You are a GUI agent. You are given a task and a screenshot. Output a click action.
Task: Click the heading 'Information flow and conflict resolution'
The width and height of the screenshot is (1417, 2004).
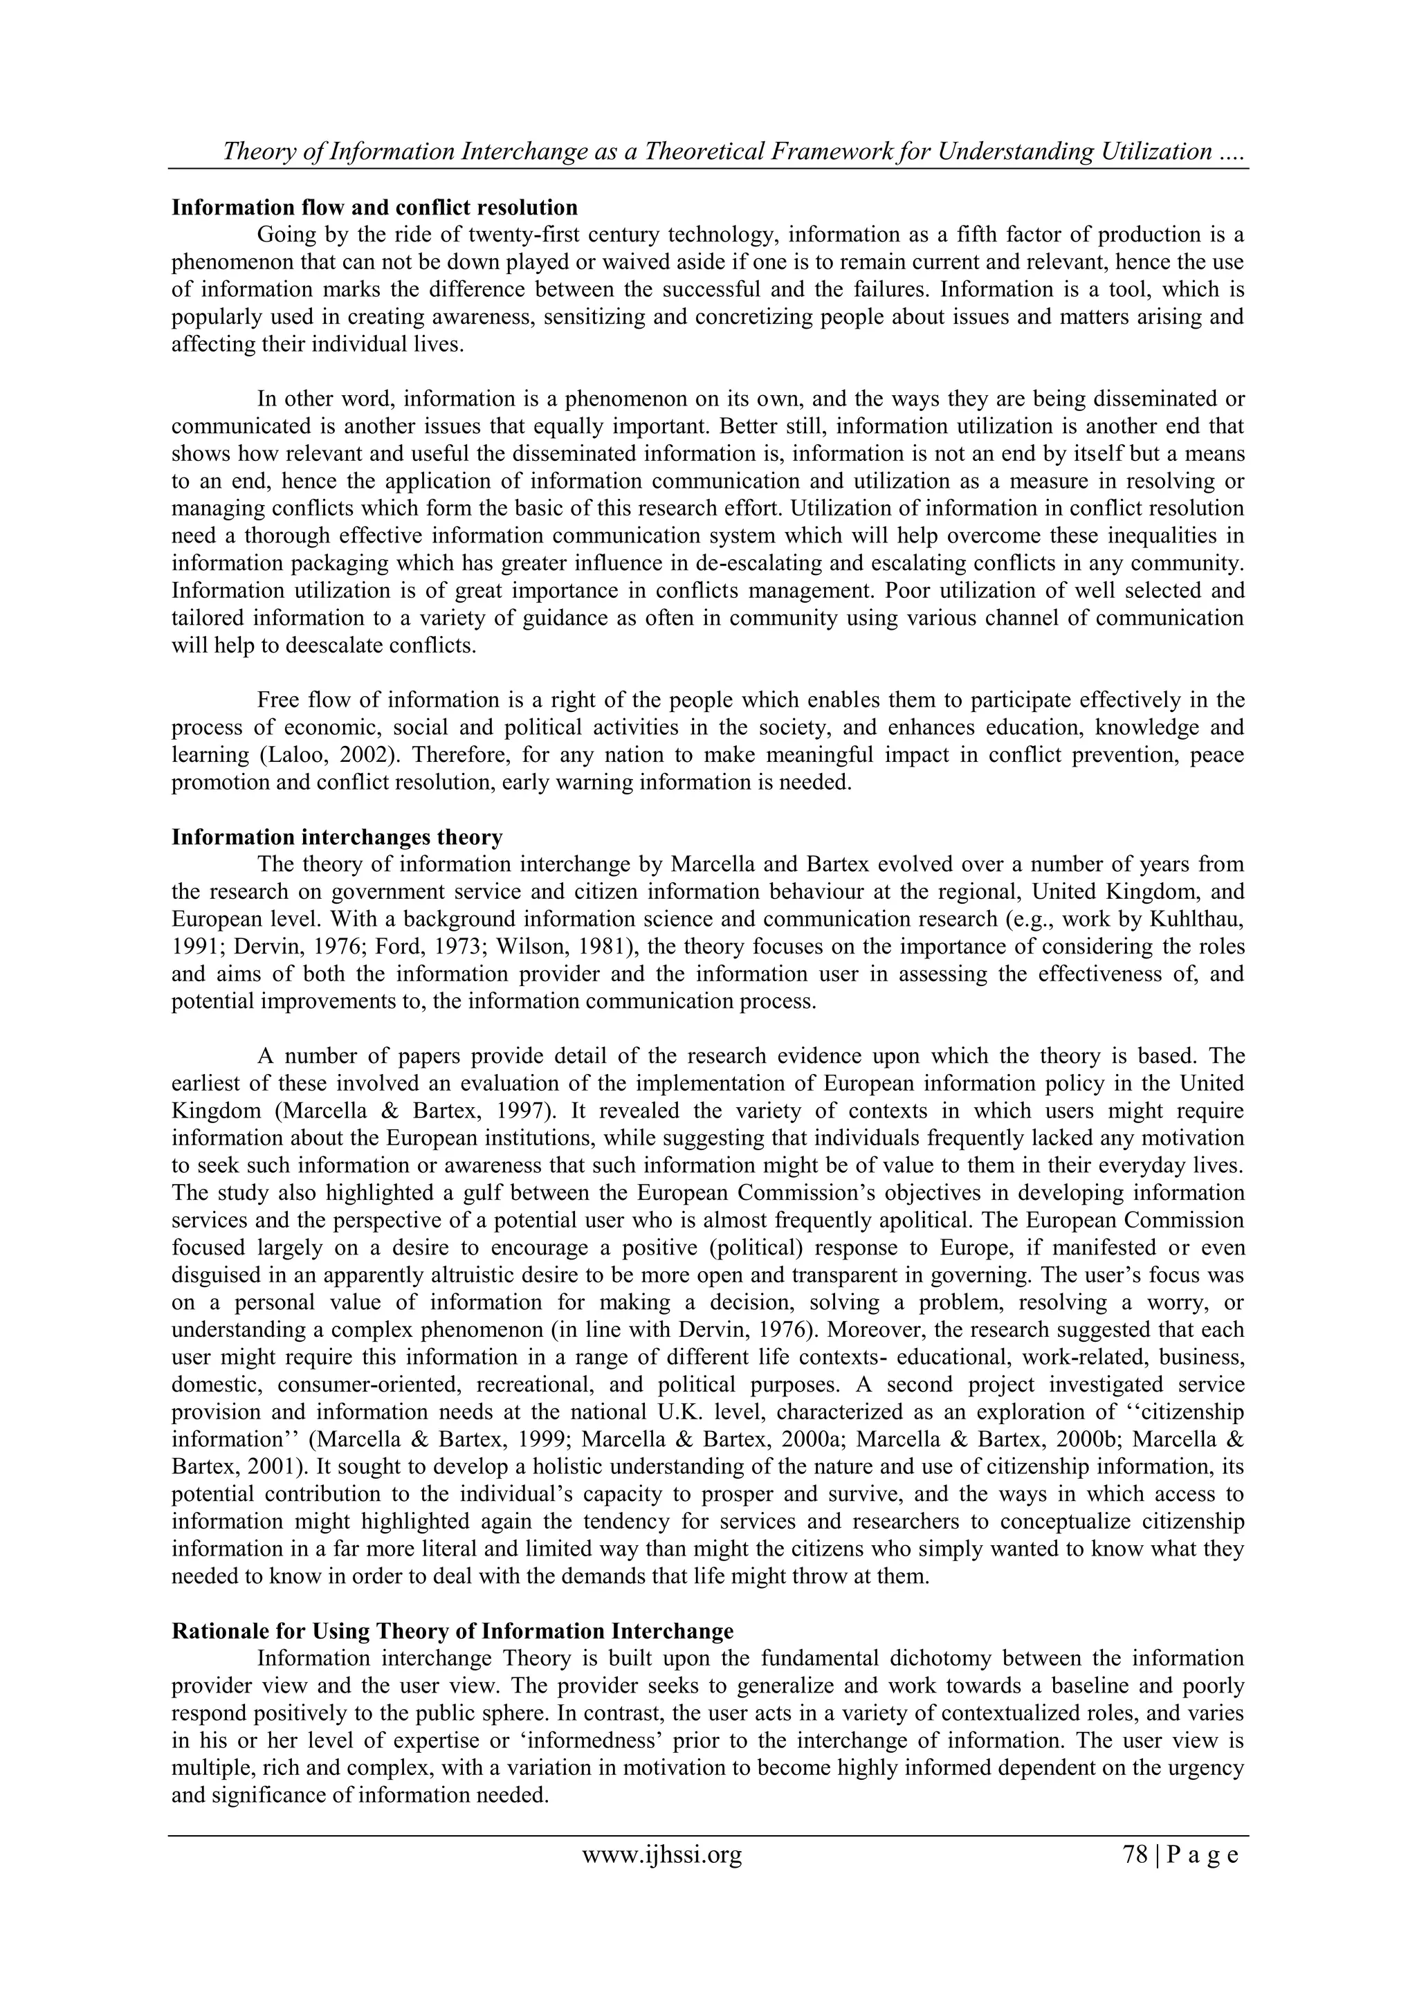(374, 208)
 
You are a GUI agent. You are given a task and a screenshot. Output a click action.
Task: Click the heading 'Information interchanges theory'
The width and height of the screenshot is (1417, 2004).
(337, 837)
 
